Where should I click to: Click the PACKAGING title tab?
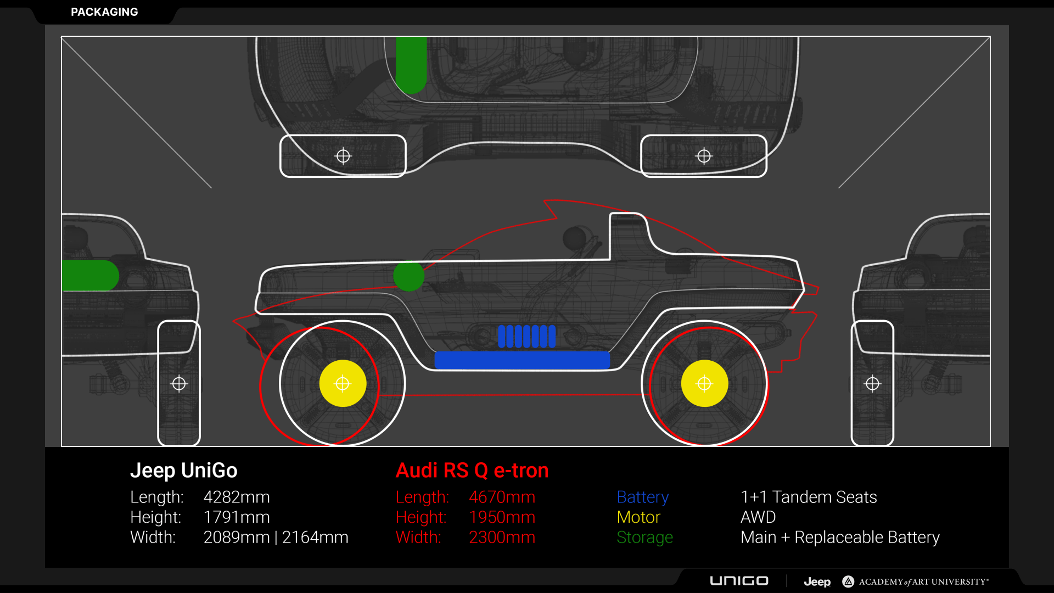[104, 12]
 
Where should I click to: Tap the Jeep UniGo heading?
[183, 471]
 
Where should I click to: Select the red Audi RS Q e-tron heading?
[472, 471]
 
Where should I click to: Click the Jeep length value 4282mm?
[237, 497]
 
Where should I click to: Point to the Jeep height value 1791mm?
[237, 517]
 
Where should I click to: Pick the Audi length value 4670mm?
[502, 497]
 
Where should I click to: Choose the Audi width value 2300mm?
[502, 537]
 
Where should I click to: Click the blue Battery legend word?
[642, 497]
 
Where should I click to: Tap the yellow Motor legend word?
[638, 517]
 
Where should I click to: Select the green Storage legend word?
[644, 537]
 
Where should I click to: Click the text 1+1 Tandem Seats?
[809, 497]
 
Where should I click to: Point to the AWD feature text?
[758, 517]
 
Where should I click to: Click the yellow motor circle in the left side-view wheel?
[343, 383]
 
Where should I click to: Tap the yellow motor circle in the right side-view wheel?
[704, 383]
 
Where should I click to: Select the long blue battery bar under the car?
[522, 360]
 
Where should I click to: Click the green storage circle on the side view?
[408, 276]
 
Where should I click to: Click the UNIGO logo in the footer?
[739, 581]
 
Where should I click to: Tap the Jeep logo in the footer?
[817, 581]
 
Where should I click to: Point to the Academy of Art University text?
[923, 581]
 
